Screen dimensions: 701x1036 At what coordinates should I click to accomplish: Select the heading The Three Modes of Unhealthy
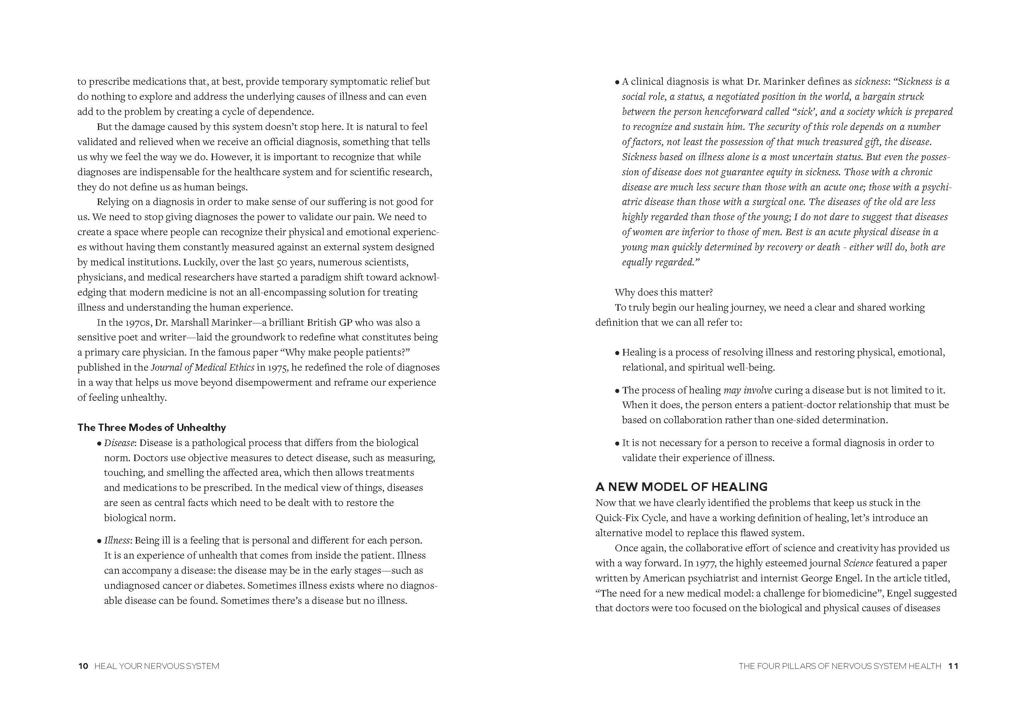tap(151, 427)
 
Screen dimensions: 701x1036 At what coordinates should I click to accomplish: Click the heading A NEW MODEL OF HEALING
tap(681, 486)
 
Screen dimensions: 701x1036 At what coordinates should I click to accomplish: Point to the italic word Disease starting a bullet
tap(119, 443)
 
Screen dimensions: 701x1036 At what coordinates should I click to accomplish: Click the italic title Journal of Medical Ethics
tap(202, 368)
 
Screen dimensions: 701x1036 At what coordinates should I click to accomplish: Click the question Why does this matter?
tap(664, 292)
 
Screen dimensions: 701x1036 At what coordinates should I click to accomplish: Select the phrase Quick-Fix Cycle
tap(631, 518)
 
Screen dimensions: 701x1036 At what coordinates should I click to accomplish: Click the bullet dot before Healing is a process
tap(617, 353)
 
